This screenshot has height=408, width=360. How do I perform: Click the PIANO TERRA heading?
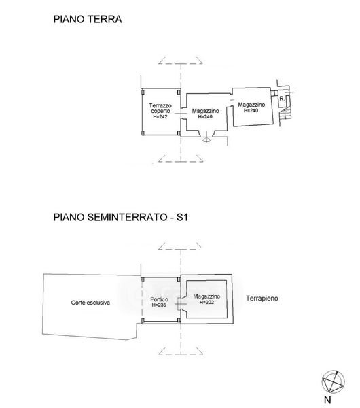tap(88, 20)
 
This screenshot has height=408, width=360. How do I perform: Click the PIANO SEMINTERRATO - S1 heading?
tap(120, 217)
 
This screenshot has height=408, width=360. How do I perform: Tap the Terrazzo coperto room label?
tap(160, 108)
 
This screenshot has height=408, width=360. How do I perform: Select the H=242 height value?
tap(160, 117)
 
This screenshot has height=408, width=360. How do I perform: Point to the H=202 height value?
tap(206, 302)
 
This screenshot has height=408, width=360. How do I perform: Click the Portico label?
tap(159, 299)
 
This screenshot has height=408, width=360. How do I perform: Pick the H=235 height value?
tap(159, 305)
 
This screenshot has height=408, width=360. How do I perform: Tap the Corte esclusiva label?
tap(90, 303)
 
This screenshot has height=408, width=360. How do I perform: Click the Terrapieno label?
tap(262, 299)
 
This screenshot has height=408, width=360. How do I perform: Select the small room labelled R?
tap(282, 99)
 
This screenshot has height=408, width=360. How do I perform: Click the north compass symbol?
tap(334, 381)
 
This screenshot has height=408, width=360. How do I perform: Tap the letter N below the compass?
tap(327, 400)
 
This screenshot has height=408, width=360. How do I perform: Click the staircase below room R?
tap(285, 114)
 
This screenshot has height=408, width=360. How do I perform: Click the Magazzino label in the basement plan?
tap(206, 296)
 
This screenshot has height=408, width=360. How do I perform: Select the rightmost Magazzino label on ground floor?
tap(251, 105)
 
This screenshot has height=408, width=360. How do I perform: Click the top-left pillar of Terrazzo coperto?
tap(143, 92)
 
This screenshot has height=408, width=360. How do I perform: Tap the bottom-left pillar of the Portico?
tap(143, 320)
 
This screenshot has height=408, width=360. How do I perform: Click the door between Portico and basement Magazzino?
tap(181, 304)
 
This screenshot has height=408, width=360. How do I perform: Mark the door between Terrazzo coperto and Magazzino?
tap(181, 114)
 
